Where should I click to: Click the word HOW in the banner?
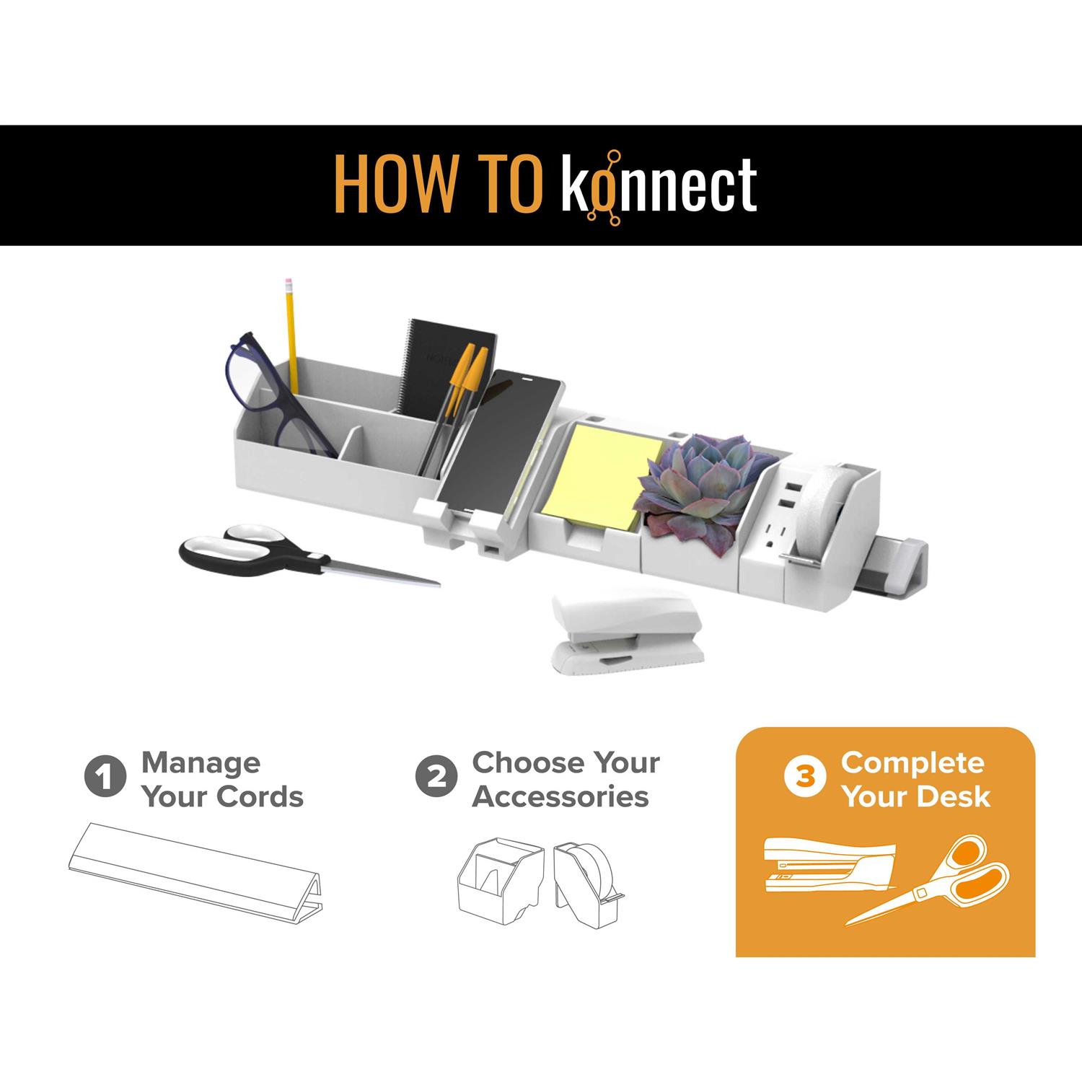point(395,185)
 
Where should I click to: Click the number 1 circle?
point(105,778)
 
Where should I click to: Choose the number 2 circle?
point(436,778)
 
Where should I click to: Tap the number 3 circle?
point(806,778)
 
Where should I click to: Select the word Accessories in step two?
point(561,797)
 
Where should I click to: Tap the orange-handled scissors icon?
point(931,879)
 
